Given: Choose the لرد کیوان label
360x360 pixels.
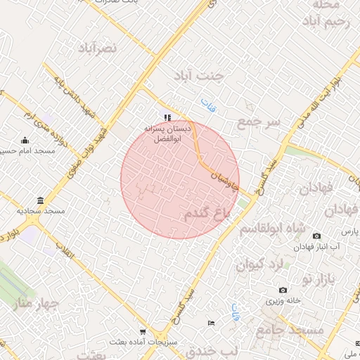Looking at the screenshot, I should click(x=259, y=265).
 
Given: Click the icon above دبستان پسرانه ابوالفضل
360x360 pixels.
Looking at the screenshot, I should click(x=167, y=117).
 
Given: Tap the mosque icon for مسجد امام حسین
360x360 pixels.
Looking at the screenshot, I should click(x=25, y=140).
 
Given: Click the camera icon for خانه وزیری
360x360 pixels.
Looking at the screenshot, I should click(x=283, y=290).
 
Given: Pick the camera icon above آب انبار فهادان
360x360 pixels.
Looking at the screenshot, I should click(x=316, y=235).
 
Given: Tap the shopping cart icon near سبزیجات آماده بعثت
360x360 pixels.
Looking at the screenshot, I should click(x=143, y=332).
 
